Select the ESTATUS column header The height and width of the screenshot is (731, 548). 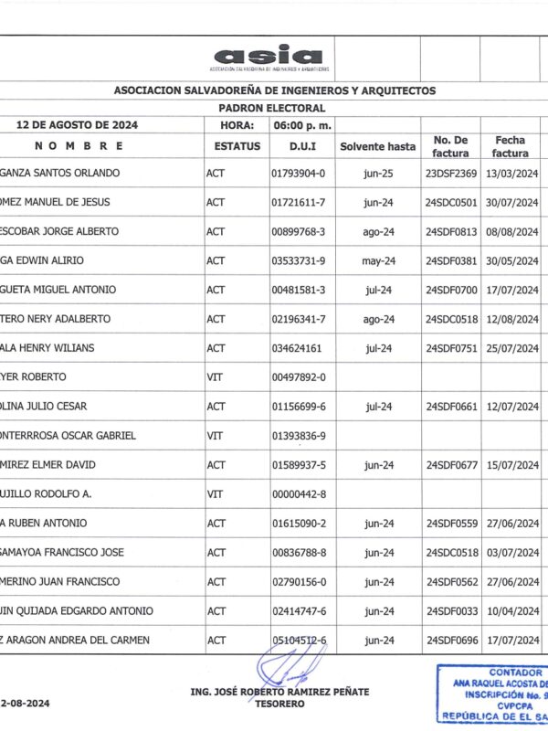point(237,146)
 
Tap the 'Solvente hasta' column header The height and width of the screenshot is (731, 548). point(377,146)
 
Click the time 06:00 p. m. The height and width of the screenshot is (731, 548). point(301,125)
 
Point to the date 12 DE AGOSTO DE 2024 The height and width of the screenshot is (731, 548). point(78,125)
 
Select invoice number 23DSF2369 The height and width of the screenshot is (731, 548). point(451,173)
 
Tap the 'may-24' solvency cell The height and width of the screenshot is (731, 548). point(377,260)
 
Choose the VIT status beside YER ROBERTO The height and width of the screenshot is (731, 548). point(216,377)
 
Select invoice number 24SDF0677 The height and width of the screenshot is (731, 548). point(451,465)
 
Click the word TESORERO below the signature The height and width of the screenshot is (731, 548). point(279,704)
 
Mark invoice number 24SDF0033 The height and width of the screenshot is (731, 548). point(451,611)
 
